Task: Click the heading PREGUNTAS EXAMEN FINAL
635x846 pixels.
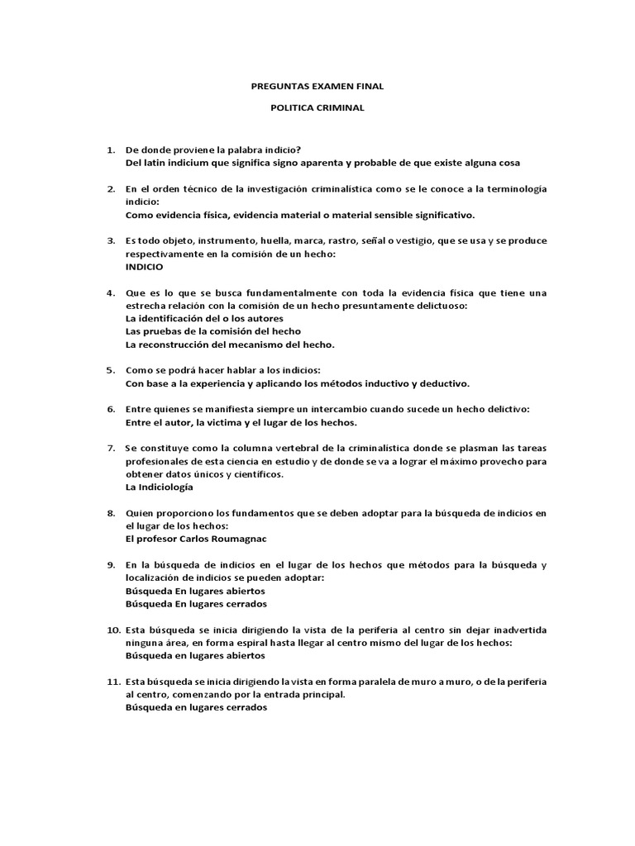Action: (x=317, y=86)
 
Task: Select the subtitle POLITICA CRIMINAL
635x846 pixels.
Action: (x=317, y=107)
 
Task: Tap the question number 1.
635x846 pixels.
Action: (x=110, y=150)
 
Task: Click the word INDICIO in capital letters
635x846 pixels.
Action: (x=144, y=267)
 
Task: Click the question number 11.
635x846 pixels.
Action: (x=112, y=682)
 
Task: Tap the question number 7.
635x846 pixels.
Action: (x=110, y=448)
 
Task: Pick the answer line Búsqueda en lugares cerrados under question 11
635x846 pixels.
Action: (x=196, y=707)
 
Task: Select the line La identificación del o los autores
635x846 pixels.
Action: (x=204, y=318)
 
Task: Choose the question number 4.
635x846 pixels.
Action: (x=110, y=293)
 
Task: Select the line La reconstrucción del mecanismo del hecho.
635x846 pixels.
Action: (x=230, y=345)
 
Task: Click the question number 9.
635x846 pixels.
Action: (x=110, y=565)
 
